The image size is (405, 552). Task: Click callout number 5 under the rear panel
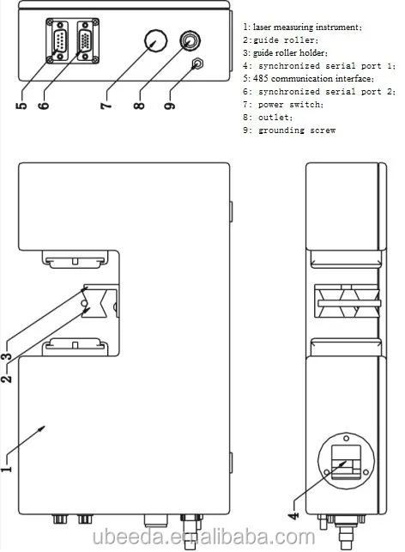pyautogui.click(x=21, y=106)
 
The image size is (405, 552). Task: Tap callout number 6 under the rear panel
pyautogui.click(x=43, y=106)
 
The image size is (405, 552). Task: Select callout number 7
pyautogui.click(x=106, y=106)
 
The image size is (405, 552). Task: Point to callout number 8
pyautogui.click(x=139, y=106)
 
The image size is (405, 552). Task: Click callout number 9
pyautogui.click(x=170, y=106)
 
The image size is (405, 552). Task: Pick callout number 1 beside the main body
pyautogui.click(x=6, y=469)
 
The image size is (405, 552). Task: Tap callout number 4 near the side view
pyautogui.click(x=293, y=516)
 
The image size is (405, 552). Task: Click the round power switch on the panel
pyautogui.click(x=156, y=40)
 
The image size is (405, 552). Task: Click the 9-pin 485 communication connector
pyautogui.click(x=58, y=41)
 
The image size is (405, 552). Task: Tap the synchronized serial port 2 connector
pyautogui.click(x=86, y=41)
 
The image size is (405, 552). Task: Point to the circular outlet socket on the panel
pyautogui.click(x=190, y=41)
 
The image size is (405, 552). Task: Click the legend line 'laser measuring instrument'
pyautogui.click(x=303, y=27)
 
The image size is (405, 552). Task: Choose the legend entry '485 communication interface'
pyautogui.click(x=309, y=78)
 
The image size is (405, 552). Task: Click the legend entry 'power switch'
pyautogui.click(x=291, y=105)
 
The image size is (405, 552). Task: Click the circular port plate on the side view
pyautogui.click(x=347, y=460)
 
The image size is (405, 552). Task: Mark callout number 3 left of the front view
pyautogui.click(x=6, y=356)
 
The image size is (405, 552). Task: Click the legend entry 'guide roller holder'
pyautogui.click(x=285, y=53)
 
